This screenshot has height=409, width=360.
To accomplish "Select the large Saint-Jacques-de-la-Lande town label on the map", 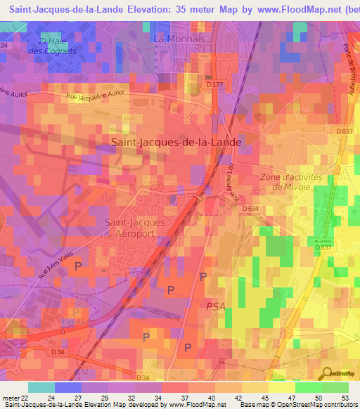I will click(176, 141).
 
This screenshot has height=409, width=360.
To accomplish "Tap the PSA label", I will click(216, 305).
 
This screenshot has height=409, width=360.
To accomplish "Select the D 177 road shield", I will click(216, 84).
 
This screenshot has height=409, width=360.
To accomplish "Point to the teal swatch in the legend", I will click(41, 387).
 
